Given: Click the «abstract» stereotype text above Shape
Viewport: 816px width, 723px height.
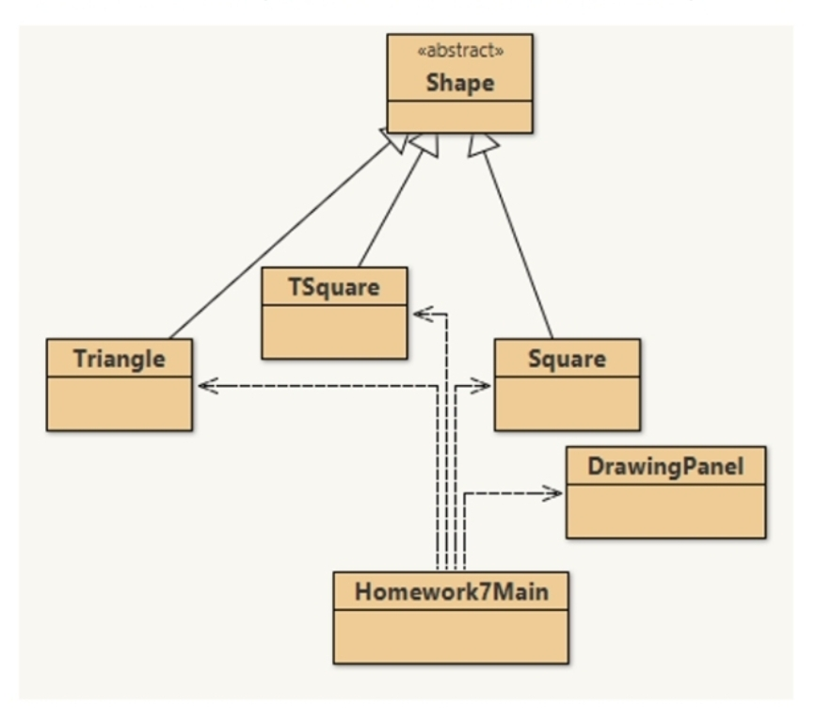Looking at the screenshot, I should point(459,51).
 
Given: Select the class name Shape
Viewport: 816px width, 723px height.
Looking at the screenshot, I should point(459,82).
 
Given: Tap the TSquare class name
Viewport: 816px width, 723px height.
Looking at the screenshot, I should point(334,286).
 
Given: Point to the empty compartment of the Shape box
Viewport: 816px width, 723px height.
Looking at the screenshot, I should point(459,117).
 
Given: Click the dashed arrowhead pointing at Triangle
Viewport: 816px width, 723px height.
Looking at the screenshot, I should point(207,385).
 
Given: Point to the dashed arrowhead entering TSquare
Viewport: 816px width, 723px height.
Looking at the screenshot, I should point(423,313).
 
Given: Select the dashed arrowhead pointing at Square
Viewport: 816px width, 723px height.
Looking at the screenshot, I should point(481,385).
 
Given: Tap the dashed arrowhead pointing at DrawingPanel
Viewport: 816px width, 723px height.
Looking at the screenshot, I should point(552,493).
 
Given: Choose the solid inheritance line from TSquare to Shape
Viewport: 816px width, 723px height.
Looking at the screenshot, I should point(392,207).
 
